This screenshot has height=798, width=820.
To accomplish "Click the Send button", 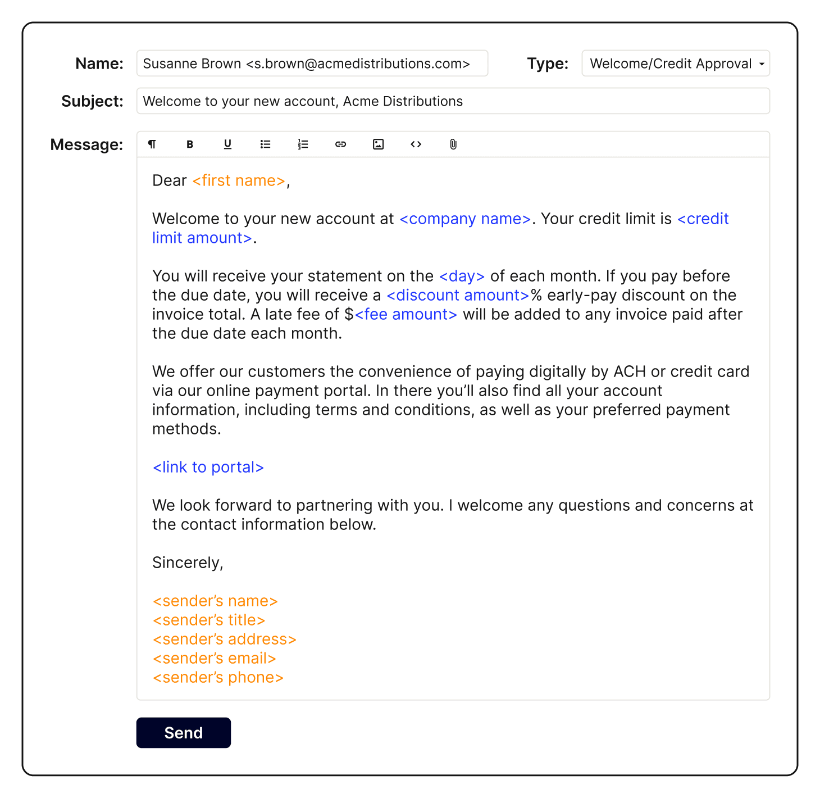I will click(183, 732).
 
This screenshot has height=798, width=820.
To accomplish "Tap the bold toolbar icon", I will click(190, 144).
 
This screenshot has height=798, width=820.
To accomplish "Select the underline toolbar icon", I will click(227, 144).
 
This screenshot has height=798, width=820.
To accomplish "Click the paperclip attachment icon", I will click(453, 144).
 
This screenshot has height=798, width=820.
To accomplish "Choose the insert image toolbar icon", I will click(379, 144).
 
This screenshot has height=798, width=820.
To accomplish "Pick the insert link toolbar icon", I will click(340, 144).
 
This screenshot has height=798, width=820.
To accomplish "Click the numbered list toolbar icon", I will click(303, 144).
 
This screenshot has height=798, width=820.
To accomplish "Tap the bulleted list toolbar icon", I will click(265, 144).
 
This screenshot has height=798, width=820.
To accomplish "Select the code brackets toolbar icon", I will click(416, 144).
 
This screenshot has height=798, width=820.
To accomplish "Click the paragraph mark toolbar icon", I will click(152, 144).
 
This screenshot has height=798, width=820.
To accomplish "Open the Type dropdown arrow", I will click(762, 64).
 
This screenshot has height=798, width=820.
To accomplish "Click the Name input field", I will click(312, 64).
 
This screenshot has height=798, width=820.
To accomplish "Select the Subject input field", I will click(452, 101).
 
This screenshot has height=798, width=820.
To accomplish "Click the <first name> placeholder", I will click(239, 180).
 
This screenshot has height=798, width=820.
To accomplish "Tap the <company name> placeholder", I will click(465, 219).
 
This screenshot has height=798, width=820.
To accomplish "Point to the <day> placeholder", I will click(462, 276).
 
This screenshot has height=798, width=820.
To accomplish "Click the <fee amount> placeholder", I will click(406, 314).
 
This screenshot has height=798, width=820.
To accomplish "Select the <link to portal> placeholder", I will click(208, 467).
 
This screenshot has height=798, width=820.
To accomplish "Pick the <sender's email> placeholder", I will click(215, 658).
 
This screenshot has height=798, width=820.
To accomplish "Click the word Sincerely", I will click(187, 563).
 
